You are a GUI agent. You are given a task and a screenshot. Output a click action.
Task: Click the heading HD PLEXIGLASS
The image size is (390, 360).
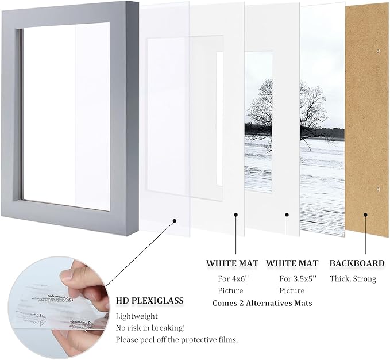149,300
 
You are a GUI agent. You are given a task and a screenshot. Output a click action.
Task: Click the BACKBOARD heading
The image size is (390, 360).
357,263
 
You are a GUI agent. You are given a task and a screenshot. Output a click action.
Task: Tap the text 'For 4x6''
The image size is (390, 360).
229,278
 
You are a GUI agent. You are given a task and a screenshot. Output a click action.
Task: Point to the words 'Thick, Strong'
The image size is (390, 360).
353,279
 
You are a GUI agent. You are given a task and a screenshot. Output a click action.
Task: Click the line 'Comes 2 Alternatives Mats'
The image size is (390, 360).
262,302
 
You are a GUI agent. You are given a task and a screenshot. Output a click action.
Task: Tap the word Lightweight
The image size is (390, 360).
137,316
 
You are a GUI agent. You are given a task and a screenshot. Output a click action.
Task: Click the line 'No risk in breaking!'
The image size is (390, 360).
150,328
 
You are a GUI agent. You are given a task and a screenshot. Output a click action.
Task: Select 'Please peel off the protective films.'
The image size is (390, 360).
177,340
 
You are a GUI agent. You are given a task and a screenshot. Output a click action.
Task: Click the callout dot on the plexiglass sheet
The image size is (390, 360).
173,219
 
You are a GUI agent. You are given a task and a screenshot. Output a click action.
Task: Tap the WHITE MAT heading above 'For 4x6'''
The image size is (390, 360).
232,263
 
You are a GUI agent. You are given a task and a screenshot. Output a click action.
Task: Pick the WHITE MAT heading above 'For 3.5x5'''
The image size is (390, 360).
292,263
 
